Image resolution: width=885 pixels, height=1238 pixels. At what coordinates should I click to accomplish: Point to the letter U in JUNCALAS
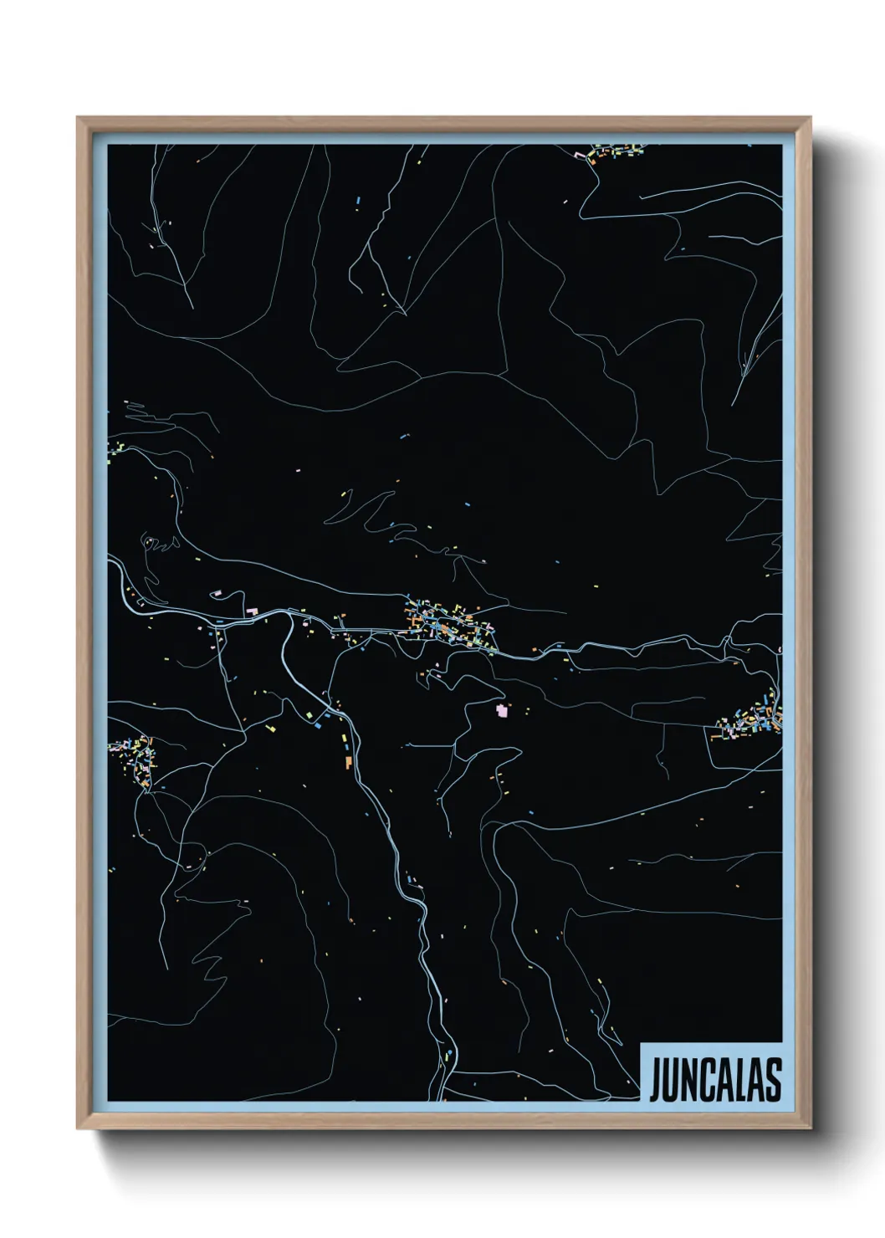[672, 1080]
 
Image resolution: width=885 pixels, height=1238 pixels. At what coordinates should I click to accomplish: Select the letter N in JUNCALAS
[689, 1080]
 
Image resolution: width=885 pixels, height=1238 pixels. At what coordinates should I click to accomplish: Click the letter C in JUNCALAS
[707, 1080]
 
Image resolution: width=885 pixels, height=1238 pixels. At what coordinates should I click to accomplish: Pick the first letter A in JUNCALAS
[724, 1080]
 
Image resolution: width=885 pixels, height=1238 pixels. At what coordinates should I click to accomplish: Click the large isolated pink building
[502, 710]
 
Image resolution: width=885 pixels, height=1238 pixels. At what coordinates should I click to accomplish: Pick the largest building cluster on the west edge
[136, 757]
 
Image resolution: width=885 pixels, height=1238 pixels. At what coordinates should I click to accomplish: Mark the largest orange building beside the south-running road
[346, 761]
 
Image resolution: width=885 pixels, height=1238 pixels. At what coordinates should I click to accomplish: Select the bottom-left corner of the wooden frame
[78, 1128]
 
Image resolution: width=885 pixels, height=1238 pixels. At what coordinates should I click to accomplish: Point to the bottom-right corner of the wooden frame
[811, 1128]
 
